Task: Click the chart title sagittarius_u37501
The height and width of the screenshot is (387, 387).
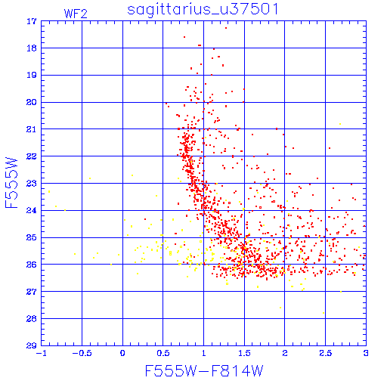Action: click(203, 9)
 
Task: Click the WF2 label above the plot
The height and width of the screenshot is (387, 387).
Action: click(76, 14)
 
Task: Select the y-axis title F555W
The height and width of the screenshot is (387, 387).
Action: click(11, 183)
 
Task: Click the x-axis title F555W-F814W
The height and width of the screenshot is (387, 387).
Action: click(204, 371)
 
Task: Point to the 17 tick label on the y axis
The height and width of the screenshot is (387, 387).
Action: click(32, 21)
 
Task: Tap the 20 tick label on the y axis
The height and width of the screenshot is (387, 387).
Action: click(32, 102)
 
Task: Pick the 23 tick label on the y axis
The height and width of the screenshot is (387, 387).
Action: click(32, 184)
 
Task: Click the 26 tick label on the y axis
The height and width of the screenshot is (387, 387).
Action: click(32, 265)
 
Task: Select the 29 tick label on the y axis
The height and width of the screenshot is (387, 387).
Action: click(32, 345)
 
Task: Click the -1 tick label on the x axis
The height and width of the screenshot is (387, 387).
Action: click(42, 353)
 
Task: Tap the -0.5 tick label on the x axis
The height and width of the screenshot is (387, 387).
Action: click(82, 353)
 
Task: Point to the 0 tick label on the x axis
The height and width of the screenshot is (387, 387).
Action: click(122, 353)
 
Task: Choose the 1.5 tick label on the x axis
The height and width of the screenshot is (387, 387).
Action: click(244, 353)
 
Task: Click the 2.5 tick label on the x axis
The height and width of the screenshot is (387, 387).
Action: click(325, 353)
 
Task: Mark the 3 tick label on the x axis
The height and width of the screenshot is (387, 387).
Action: click(366, 353)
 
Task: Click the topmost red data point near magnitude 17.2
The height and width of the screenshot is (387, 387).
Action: click(226, 28)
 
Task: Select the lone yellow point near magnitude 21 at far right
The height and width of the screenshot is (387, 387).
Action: click(340, 124)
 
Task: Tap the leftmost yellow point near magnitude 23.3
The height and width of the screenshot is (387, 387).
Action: click(49, 192)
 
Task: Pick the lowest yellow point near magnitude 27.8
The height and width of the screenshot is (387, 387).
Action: click(324, 313)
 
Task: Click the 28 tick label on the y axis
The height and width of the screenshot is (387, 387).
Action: click(32, 319)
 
